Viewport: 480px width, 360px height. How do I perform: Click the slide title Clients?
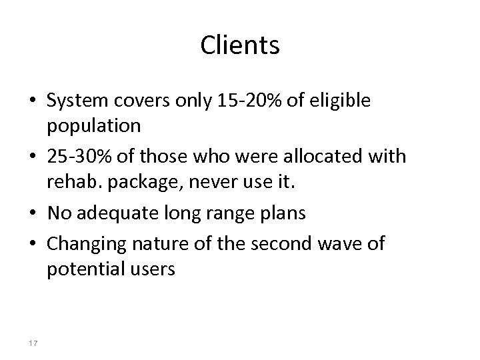click(240, 46)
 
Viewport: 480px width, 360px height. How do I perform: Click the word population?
click(93, 125)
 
